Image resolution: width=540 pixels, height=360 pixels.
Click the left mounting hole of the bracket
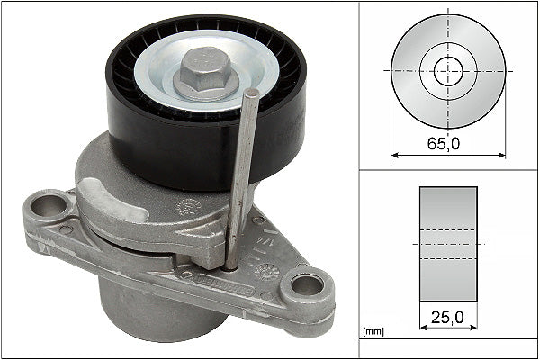[54, 207]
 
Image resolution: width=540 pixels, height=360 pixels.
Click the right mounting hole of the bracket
[307, 286]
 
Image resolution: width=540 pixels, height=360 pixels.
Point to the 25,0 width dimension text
[447, 316]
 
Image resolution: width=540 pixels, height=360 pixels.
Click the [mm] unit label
[373, 331]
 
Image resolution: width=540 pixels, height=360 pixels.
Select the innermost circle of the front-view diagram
[447, 70]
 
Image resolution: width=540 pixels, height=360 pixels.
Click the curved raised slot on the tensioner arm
[112, 200]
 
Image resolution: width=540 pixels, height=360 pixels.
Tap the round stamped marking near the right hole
[266, 269]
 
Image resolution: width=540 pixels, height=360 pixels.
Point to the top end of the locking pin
[254, 94]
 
